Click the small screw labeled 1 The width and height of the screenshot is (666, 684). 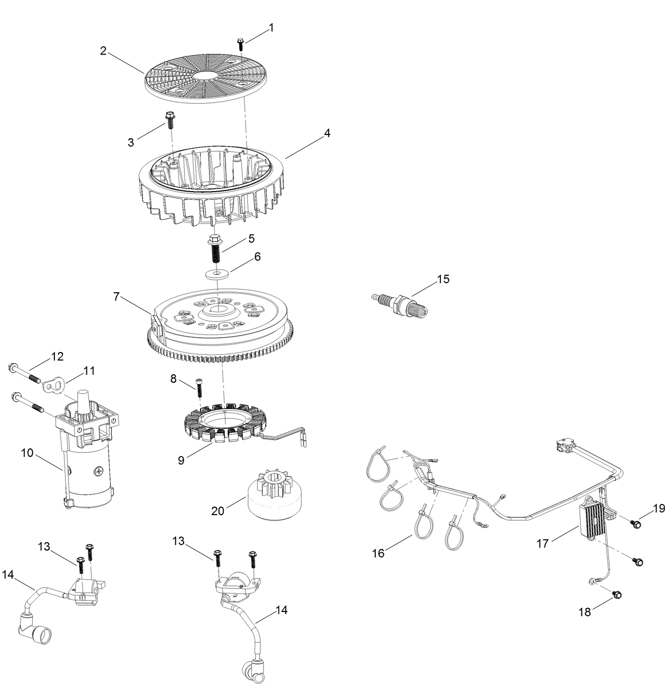pyautogui.click(x=240, y=42)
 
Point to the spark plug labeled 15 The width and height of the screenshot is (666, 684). pyautogui.click(x=399, y=303)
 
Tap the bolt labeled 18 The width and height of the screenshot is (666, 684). pyautogui.click(x=617, y=595)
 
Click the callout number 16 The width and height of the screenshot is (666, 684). pyautogui.click(x=379, y=553)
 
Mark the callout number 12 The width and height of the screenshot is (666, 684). pyautogui.click(x=57, y=356)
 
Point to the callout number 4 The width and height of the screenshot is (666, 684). pyautogui.click(x=327, y=133)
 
